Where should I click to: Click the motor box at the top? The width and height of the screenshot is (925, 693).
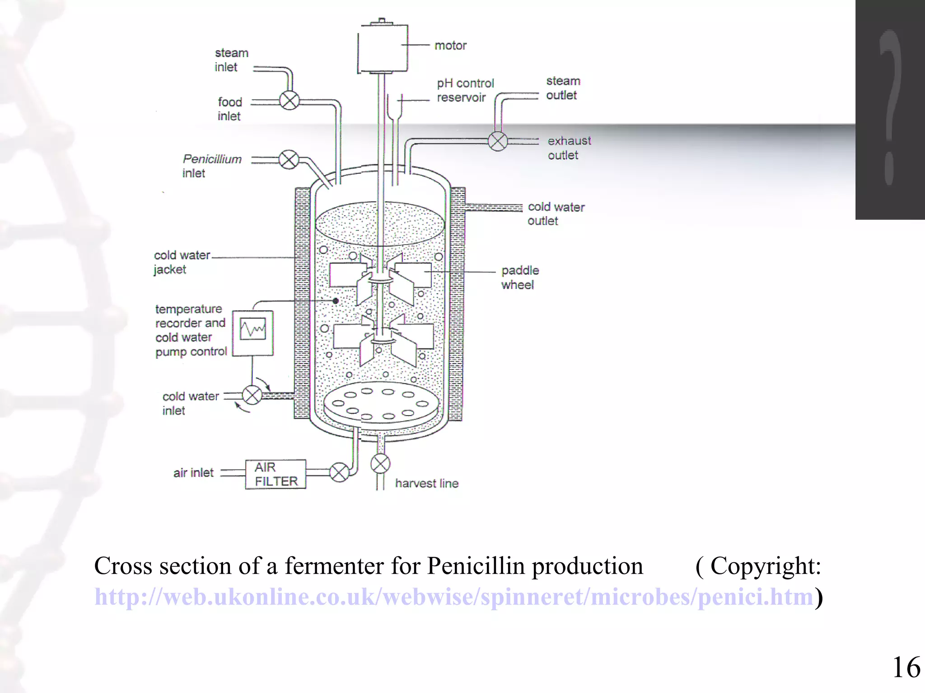[383, 47]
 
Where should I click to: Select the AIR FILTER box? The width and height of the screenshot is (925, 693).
[276, 474]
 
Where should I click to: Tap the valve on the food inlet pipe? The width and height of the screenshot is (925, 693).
[290, 101]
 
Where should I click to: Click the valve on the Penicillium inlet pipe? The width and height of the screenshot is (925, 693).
[289, 159]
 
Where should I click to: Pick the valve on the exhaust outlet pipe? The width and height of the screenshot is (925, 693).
[498, 141]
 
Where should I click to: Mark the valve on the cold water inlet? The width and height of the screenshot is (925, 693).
[252, 396]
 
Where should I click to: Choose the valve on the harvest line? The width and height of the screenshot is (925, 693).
[380, 464]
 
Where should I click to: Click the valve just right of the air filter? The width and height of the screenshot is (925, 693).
[339, 472]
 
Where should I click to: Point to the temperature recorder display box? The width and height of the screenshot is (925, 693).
[253, 333]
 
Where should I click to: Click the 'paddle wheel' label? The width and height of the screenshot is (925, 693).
[520, 277]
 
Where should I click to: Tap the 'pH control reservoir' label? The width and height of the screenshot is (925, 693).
[465, 90]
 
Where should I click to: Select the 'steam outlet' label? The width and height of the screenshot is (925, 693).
[563, 88]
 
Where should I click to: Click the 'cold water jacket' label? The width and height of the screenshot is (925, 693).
[182, 262]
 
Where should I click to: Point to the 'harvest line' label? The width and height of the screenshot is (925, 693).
[427, 483]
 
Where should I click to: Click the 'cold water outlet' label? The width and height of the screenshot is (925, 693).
[556, 214]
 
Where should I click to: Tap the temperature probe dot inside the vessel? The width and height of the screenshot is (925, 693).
[336, 300]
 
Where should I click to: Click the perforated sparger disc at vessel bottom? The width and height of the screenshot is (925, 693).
[381, 403]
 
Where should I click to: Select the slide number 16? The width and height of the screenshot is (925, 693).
[906, 667]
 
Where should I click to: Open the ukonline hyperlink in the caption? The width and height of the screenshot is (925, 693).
[454, 596]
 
